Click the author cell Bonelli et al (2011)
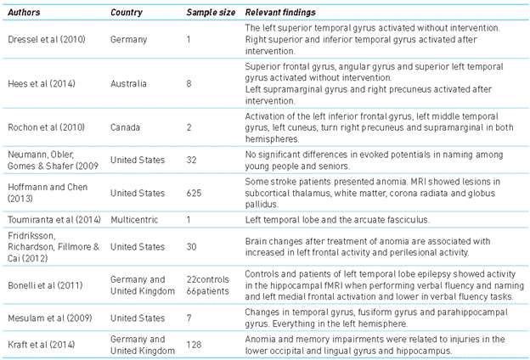(x=42, y=278)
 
